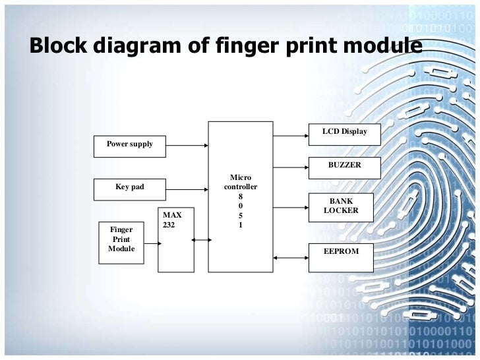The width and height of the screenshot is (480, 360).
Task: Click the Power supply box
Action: pyautogui.click(x=130, y=146)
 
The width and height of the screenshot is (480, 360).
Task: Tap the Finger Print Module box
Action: pyautogui.click(x=121, y=242)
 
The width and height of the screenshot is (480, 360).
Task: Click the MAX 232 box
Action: pyautogui.click(x=176, y=239)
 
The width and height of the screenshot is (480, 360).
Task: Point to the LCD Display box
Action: pyautogui.click(x=344, y=134)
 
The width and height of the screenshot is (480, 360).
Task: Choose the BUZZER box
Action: pyautogui.click(x=344, y=167)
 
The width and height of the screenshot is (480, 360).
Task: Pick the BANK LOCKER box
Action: pyautogui.click(x=341, y=207)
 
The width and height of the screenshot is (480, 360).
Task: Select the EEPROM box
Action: pyautogui.click(x=341, y=257)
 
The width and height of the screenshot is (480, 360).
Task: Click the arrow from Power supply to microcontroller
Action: pyautogui.click(x=187, y=146)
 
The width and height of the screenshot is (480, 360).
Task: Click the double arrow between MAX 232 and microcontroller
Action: pyautogui.click(x=201, y=240)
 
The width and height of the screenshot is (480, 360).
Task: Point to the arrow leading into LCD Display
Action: pyautogui.click(x=291, y=136)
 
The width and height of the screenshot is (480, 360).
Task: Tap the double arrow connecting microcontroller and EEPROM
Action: pyautogui.click(x=291, y=257)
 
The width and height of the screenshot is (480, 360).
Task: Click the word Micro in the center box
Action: pyautogui.click(x=241, y=177)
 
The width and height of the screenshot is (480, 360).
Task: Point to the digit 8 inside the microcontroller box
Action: pyautogui.click(x=241, y=196)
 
